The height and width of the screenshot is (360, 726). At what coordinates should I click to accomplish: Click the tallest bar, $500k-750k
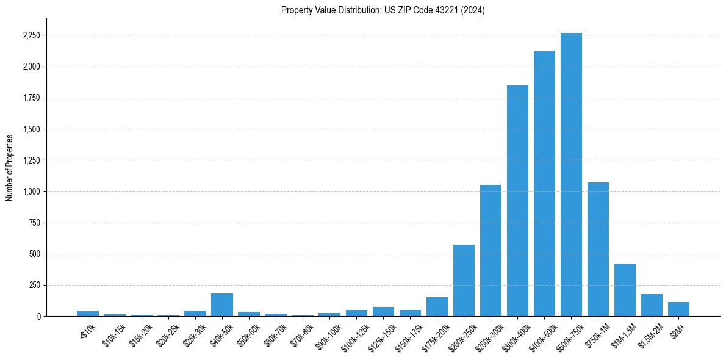click(571, 175)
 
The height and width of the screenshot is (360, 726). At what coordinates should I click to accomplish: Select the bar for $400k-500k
click(544, 184)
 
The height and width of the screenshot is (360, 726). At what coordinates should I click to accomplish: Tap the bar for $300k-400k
click(517, 201)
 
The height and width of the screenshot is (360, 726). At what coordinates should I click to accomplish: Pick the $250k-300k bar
click(491, 250)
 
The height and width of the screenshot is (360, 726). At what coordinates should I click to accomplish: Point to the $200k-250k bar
click(464, 280)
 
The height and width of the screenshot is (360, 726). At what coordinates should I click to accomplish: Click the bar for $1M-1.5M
click(625, 290)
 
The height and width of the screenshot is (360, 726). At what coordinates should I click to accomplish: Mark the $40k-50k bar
click(222, 304)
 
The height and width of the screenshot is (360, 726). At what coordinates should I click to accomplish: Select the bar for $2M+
click(678, 309)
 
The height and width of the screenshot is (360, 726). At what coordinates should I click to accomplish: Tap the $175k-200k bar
click(437, 306)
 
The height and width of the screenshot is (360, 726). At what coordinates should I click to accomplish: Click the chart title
click(383, 10)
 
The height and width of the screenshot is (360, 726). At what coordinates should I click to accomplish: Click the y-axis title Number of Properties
click(10, 167)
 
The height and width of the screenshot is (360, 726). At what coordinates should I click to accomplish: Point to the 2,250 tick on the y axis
click(31, 35)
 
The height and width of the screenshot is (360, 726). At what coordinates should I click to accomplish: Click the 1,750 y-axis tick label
click(31, 98)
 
